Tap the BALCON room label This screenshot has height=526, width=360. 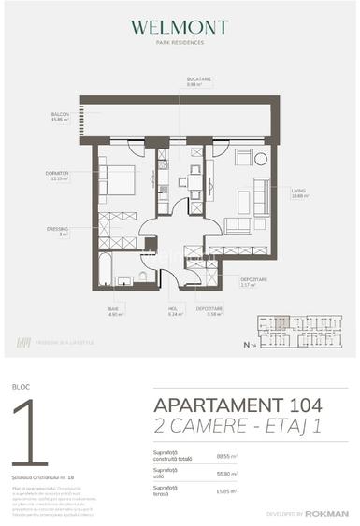pyautogui.click(x=61, y=116)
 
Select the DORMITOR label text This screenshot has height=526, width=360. pyautogui.click(x=57, y=174)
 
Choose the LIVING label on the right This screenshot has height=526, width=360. pyautogui.click(x=298, y=192)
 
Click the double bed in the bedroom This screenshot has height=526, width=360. pyautogui.click(x=120, y=178)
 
